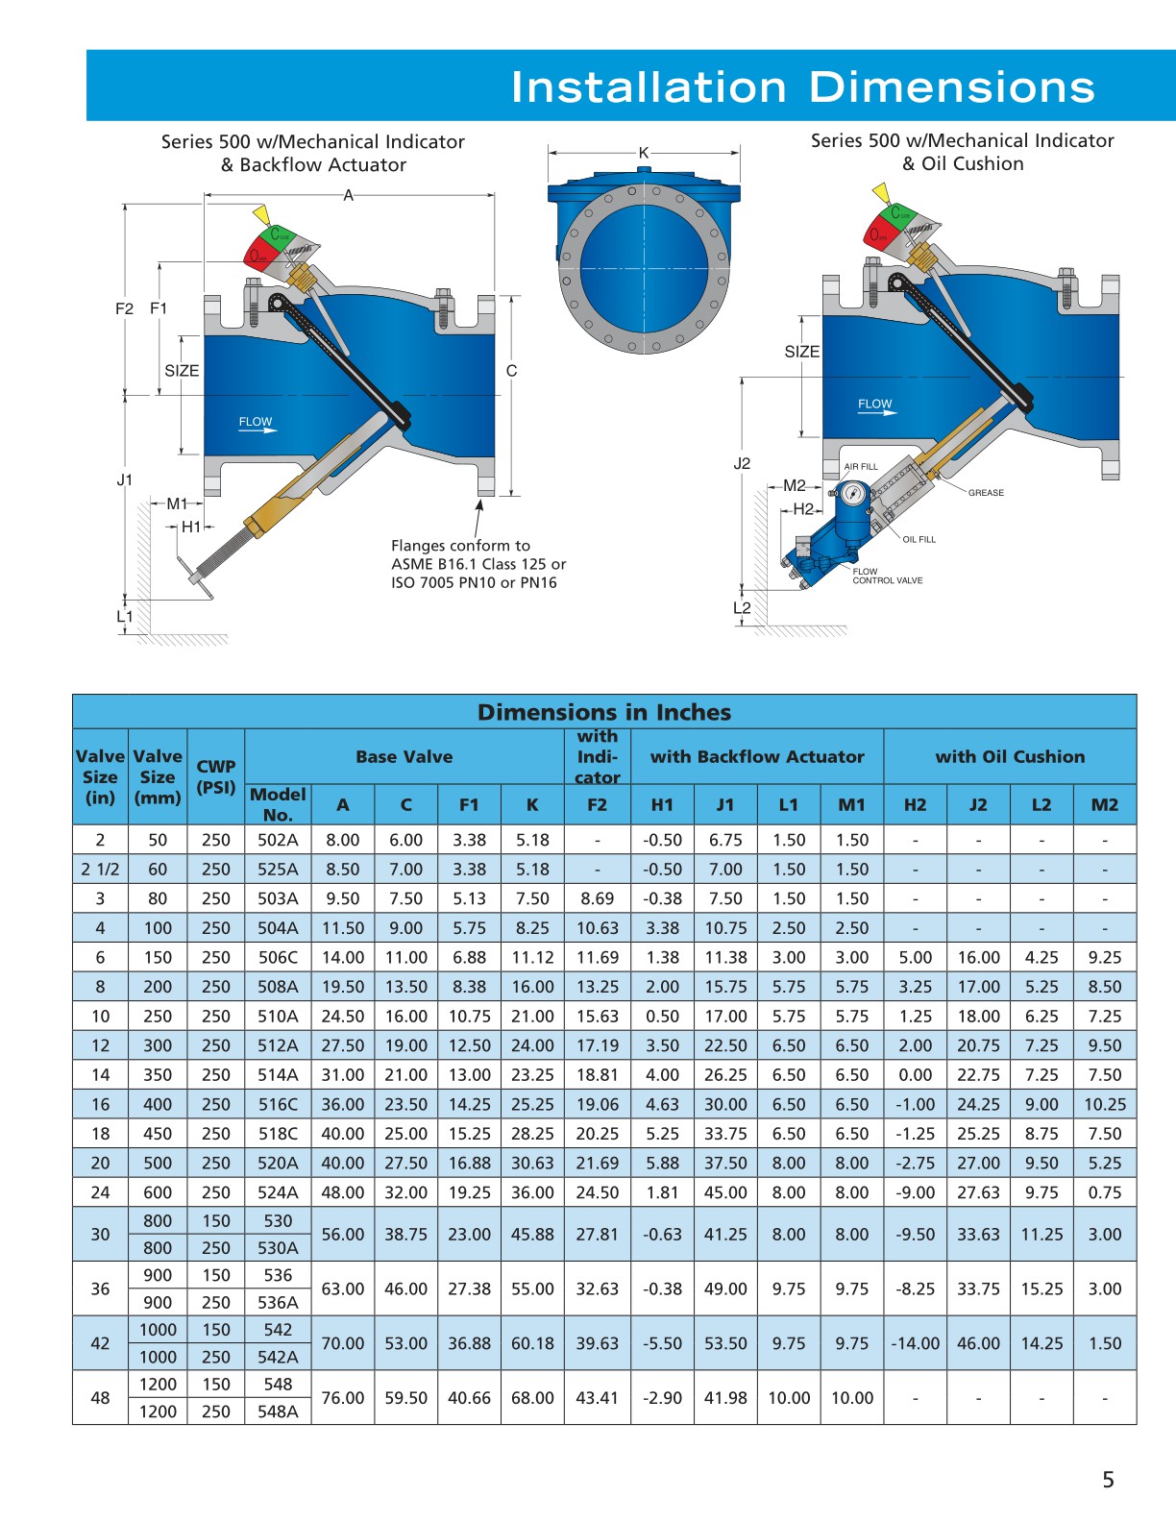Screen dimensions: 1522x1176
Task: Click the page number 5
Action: [x=1108, y=1480]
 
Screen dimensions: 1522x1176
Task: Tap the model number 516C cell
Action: [x=278, y=1105]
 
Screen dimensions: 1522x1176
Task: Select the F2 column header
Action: [x=597, y=805]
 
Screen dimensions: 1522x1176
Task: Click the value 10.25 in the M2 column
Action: [x=1105, y=1105]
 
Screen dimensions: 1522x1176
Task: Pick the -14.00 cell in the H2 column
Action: [x=915, y=1343]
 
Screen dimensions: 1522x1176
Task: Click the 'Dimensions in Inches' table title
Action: [x=604, y=712]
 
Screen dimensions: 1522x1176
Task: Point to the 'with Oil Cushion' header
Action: [x=1010, y=756]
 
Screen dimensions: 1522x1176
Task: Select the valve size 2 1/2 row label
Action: [x=100, y=870]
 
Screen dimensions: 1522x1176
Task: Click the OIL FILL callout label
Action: [x=919, y=540]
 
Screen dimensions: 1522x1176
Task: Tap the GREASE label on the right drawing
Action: [x=986, y=493]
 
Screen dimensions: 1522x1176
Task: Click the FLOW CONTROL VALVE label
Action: [x=886, y=576]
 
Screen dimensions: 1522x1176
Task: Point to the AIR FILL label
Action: [x=861, y=467]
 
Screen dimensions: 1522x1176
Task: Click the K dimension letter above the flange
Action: [x=644, y=153]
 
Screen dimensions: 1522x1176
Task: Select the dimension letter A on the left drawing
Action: [x=349, y=196]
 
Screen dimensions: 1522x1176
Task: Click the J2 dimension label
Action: [x=742, y=463]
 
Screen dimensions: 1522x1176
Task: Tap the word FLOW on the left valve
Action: [x=255, y=422]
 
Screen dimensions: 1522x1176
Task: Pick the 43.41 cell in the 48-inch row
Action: [x=597, y=1398]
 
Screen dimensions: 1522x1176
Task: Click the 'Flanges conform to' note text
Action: [x=460, y=546]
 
